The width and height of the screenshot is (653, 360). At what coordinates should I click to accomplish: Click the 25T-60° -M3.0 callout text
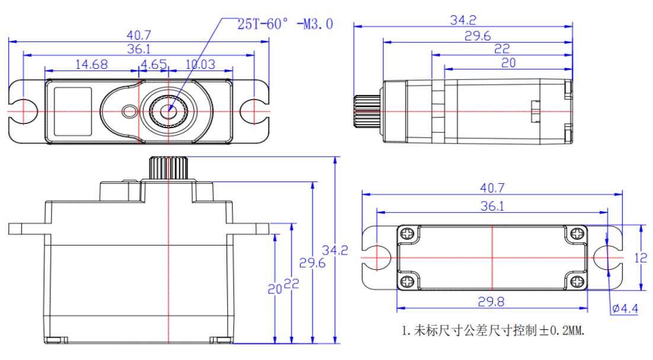pyautogui.click(x=285, y=24)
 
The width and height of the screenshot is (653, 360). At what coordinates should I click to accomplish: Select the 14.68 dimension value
pyautogui.click(x=91, y=64)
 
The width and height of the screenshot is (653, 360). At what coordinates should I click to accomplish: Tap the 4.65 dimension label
pyautogui.click(x=154, y=64)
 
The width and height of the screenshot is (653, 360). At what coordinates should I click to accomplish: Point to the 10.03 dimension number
pyautogui.click(x=200, y=64)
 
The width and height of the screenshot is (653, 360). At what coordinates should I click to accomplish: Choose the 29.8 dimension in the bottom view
pyautogui.click(x=491, y=302)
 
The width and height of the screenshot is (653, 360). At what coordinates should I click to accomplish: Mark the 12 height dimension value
pyautogui.click(x=639, y=258)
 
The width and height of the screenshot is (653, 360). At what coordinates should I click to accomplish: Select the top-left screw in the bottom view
pyautogui.click(x=407, y=234)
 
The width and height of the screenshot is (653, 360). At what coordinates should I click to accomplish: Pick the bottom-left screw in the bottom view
pyautogui.click(x=407, y=281)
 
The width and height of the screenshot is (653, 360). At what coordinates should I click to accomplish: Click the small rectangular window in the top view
pyautogui.click(x=73, y=111)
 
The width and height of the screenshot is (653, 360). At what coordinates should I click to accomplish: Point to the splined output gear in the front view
pyautogui.click(x=169, y=167)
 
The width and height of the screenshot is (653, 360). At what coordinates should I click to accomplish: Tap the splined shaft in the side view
pyautogui.click(x=367, y=111)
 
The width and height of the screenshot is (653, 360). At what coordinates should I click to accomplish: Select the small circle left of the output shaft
pyautogui.click(x=128, y=111)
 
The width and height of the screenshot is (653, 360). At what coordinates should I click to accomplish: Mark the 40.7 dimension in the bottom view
pyautogui.click(x=492, y=189)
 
